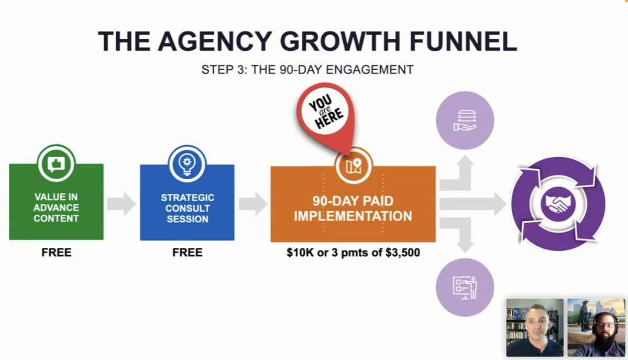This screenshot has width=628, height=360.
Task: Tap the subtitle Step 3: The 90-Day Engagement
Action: click(x=307, y=70)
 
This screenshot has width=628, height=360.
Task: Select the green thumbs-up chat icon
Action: click(x=56, y=163)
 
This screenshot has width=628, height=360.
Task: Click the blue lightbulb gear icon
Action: click(x=187, y=164)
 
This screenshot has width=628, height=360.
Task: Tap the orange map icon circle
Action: click(x=354, y=166)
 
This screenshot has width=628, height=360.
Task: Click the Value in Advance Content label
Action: click(x=56, y=208)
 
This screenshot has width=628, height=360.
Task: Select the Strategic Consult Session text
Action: click(x=188, y=209)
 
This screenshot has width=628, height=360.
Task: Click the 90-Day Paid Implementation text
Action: click(x=353, y=209)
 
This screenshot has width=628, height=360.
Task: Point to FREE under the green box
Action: click(x=57, y=253)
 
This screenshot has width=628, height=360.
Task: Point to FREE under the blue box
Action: click(x=188, y=253)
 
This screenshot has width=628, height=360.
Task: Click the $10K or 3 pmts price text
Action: click(x=353, y=253)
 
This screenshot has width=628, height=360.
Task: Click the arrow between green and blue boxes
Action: click(x=122, y=204)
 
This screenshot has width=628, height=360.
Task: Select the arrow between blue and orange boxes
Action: click(x=253, y=204)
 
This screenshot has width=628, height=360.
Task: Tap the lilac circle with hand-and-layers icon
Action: click(x=465, y=121)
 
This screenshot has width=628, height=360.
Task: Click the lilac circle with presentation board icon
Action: click(x=465, y=288)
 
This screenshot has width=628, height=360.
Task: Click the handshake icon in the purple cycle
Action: click(x=558, y=203)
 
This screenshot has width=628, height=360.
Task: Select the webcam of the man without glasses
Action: click(x=535, y=328)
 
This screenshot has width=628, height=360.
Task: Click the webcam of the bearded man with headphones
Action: click(x=597, y=328)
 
